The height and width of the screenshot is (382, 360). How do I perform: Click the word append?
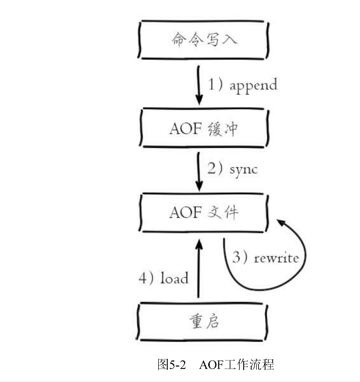point(253,85)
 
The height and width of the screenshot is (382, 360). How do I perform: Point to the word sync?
point(244,169)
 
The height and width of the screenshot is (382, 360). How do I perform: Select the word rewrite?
point(276,258)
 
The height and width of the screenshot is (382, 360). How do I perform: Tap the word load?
point(174,278)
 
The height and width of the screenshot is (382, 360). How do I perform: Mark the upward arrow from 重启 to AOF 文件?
point(199,270)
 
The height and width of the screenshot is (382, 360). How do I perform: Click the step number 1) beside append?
point(215,84)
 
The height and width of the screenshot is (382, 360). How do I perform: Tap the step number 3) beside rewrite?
point(240,258)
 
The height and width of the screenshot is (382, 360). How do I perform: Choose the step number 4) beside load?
point(146,278)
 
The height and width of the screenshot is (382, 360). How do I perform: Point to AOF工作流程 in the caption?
point(236,364)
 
